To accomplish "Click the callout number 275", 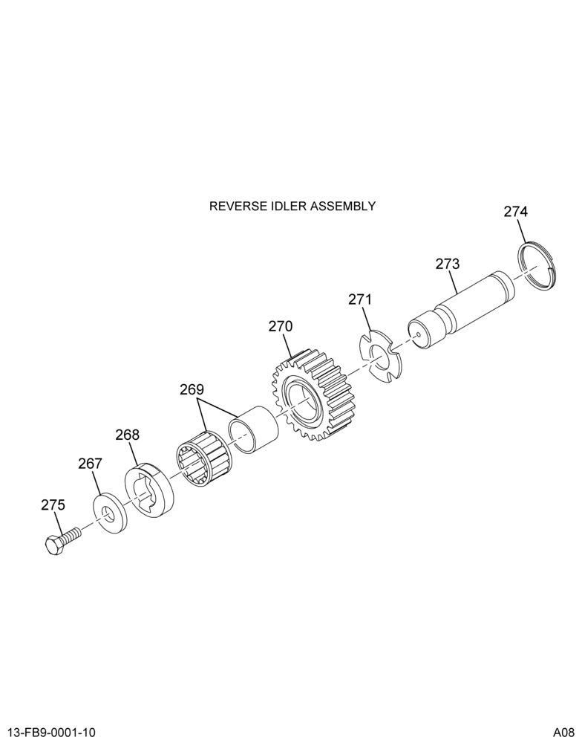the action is (53, 505).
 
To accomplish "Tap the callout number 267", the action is (90, 464).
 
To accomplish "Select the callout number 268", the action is (128, 435).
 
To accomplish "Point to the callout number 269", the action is (192, 389).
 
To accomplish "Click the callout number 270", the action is (281, 326).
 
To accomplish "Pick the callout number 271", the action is (360, 299).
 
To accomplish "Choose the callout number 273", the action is (448, 264).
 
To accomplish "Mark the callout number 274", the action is (516, 211).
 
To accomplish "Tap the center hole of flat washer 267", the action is (110, 514).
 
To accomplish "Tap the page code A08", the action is (564, 733).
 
